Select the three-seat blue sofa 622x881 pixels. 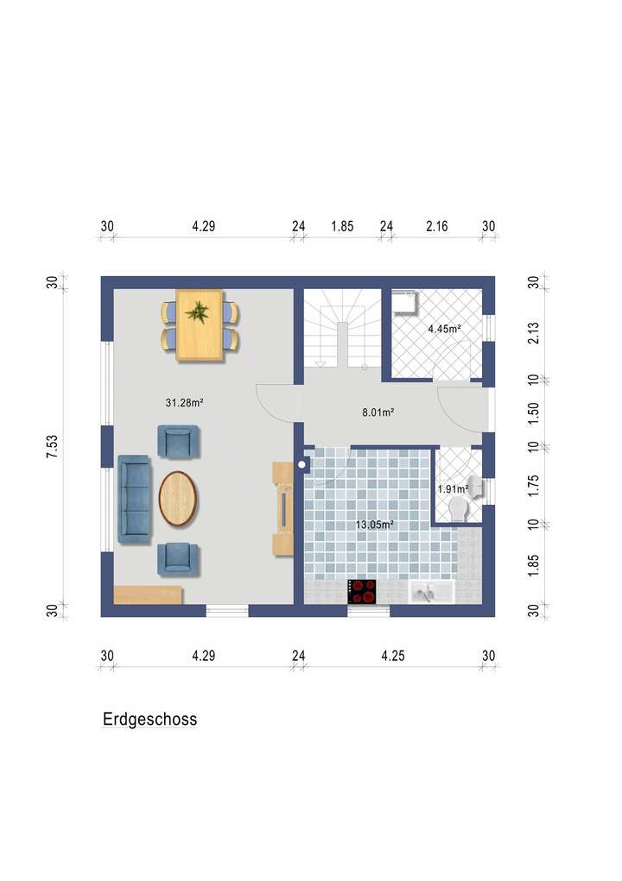click(x=134, y=499)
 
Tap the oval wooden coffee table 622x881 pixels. click(x=180, y=498)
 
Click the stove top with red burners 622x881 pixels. click(x=363, y=591)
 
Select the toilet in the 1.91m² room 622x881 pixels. click(x=465, y=498)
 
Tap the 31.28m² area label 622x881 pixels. click(x=184, y=402)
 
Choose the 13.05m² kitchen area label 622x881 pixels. click(x=376, y=524)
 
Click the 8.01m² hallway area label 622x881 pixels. click(x=378, y=412)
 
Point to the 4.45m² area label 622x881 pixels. click(x=444, y=329)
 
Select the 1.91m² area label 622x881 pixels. click(x=453, y=489)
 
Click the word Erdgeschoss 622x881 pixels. click(x=149, y=718)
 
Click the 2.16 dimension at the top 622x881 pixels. click(x=437, y=226)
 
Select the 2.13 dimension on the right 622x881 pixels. click(x=533, y=332)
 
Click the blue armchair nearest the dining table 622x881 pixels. click(x=179, y=442)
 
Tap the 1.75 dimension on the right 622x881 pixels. click(x=533, y=485)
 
